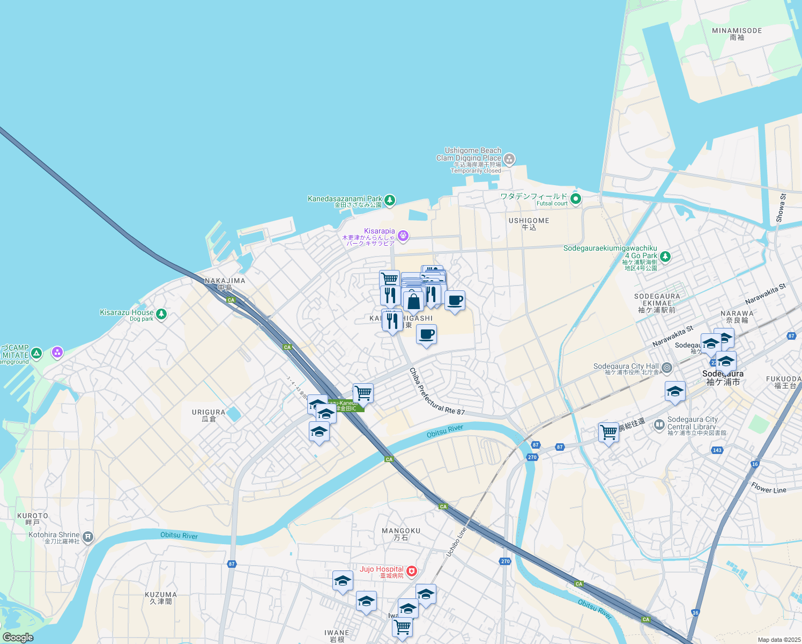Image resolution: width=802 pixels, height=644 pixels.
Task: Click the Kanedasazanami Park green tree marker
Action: pyautogui.click(x=390, y=201)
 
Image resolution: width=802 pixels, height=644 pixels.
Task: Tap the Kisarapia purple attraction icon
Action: pyautogui.click(x=403, y=236)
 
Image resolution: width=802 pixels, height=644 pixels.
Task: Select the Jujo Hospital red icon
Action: pyautogui.click(x=411, y=572)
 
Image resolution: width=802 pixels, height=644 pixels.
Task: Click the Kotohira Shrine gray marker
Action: pyautogui.click(x=88, y=537)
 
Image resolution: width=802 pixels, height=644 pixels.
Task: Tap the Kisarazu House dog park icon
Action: pyautogui.click(x=161, y=314)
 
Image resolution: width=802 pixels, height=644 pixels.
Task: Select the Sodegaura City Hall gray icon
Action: pyautogui.click(x=667, y=368)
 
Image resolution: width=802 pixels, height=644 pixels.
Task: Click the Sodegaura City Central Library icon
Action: pyautogui.click(x=659, y=426)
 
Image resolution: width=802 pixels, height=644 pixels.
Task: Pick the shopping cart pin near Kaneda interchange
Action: pyautogui.click(x=363, y=393)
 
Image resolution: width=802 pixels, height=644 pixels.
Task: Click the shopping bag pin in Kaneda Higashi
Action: pyautogui.click(x=413, y=301)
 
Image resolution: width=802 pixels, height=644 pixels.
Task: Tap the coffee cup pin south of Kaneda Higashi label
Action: pyautogui.click(x=426, y=335)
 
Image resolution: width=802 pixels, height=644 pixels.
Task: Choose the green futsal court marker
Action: pyautogui.click(x=576, y=199)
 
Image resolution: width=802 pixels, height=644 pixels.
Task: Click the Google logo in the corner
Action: pyautogui.click(x=18, y=637)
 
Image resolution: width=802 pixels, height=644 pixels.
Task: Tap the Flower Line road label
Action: pyautogui.click(x=768, y=488)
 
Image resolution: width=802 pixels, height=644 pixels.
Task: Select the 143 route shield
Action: pyautogui.click(x=717, y=450)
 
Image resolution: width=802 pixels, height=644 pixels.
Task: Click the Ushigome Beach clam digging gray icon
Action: pyautogui.click(x=509, y=159)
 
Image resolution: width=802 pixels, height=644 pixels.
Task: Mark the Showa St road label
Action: pyautogui.click(x=781, y=208)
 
